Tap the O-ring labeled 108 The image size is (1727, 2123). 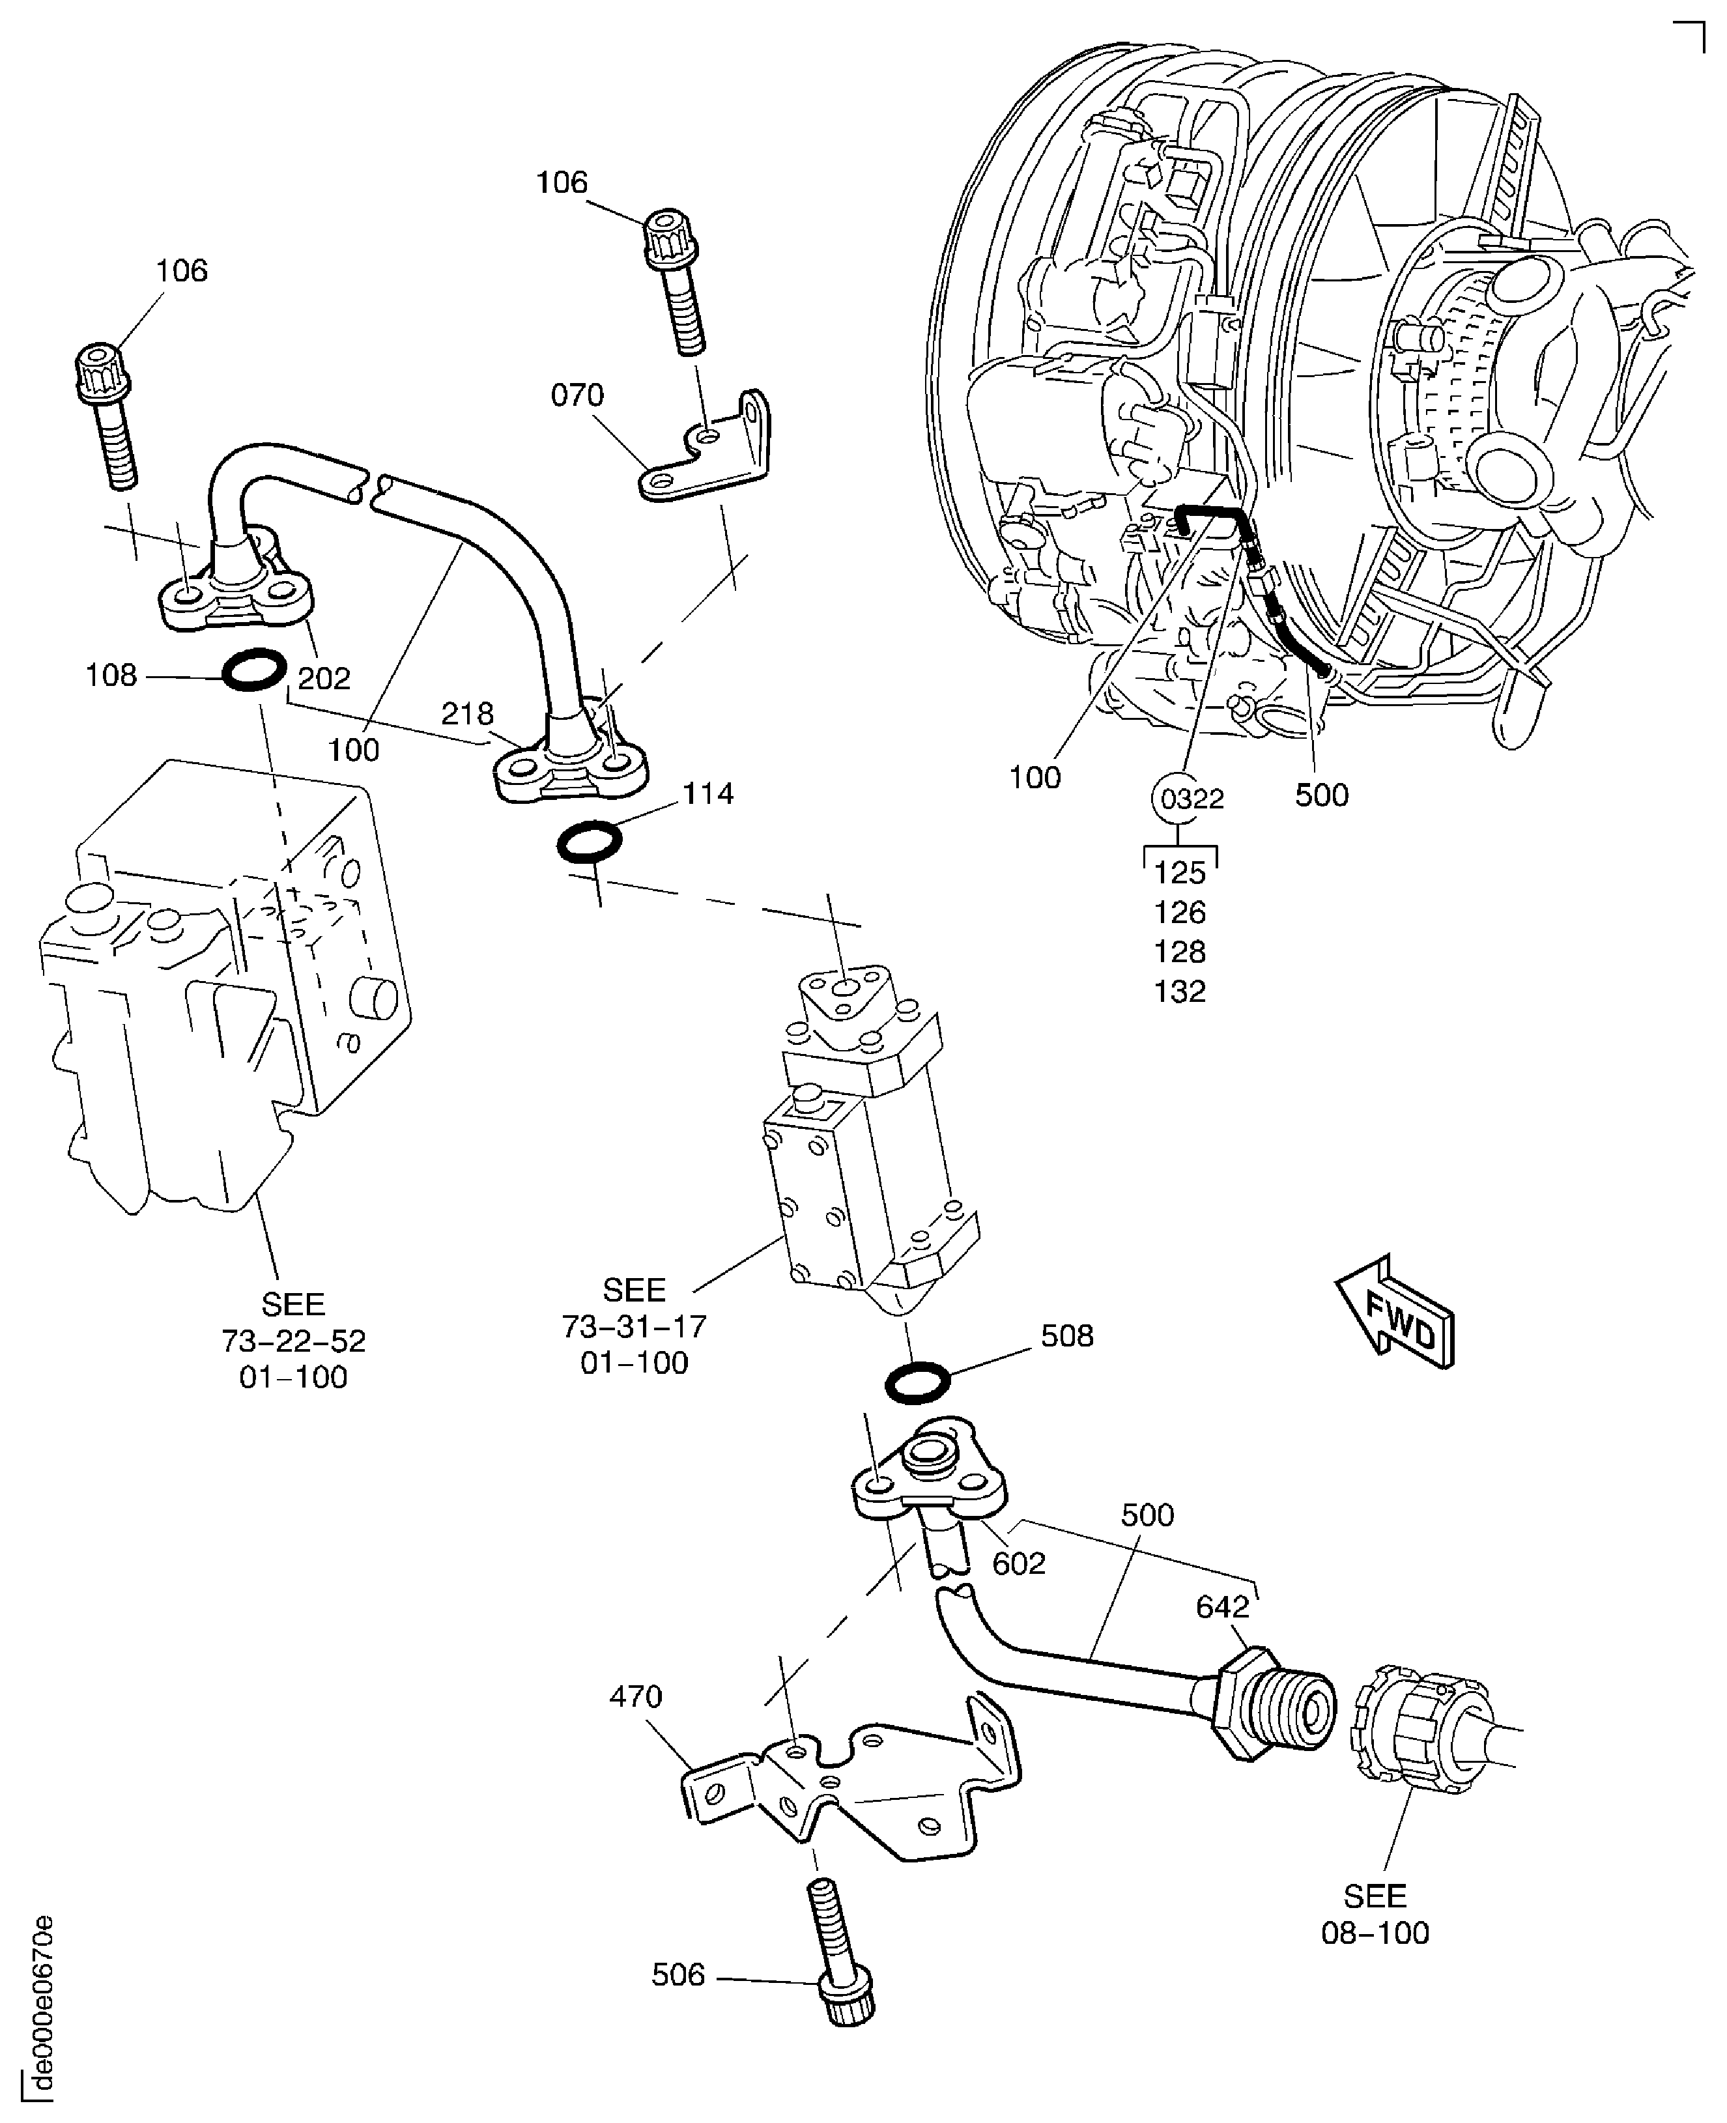[x=253, y=672]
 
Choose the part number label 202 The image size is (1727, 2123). [x=324, y=679]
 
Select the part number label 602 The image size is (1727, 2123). [x=1019, y=1563]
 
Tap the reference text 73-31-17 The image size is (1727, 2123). [x=635, y=1326]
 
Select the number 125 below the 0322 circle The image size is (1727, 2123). [x=1180, y=872]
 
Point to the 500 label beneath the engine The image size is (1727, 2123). [x=1321, y=795]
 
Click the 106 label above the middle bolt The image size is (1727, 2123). [x=562, y=182]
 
